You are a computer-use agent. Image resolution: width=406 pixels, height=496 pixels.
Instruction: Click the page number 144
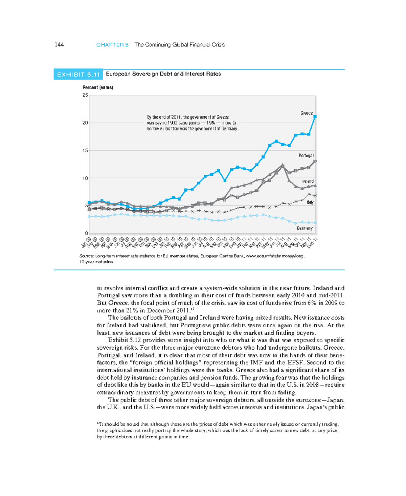(x=59, y=45)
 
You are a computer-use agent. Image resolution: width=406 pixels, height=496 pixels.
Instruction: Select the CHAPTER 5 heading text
(x=112, y=45)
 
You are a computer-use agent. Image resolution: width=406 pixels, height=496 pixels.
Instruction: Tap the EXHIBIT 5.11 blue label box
(x=78, y=75)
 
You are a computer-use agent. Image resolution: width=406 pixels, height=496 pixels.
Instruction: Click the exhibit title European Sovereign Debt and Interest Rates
(x=163, y=74)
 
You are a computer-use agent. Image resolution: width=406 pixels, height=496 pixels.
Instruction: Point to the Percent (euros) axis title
(x=98, y=87)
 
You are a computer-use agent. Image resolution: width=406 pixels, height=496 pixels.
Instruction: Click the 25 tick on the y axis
(x=85, y=95)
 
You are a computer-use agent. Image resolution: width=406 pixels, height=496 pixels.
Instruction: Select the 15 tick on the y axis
(x=85, y=150)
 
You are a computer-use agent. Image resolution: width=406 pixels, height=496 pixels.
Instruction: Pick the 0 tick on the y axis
(x=87, y=233)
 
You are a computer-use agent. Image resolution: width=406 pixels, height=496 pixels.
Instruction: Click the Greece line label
(x=307, y=113)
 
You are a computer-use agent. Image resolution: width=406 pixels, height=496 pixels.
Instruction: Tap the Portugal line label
(x=306, y=156)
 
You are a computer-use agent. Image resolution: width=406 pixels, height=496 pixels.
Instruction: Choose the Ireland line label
(x=308, y=181)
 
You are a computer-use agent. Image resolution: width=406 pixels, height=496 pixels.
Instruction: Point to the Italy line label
(x=310, y=202)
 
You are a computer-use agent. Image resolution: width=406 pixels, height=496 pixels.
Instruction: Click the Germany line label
(x=304, y=228)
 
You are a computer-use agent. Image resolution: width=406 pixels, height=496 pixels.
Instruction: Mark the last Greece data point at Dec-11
(x=315, y=117)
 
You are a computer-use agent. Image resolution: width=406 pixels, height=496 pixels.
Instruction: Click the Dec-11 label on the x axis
(x=312, y=243)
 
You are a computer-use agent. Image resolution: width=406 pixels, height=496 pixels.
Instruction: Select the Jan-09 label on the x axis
(x=86, y=243)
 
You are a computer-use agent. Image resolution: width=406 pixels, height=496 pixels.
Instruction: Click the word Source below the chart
(x=86, y=256)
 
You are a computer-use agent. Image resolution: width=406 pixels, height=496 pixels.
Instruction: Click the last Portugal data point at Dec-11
(x=315, y=161)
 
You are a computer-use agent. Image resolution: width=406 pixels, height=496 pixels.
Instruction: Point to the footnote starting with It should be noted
(x=218, y=430)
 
